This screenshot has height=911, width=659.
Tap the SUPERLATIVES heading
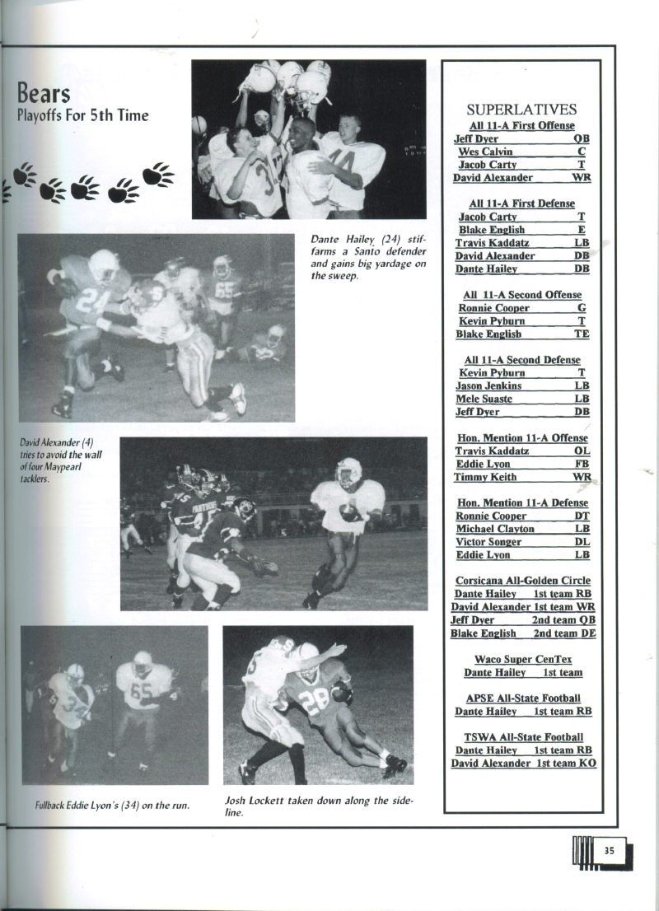point(521,110)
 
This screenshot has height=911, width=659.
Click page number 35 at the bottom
point(608,852)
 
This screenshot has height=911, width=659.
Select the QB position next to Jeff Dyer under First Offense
point(582,139)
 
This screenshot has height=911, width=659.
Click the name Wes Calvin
point(486,152)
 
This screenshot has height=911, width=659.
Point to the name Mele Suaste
point(484,399)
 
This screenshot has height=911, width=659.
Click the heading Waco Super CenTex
point(522,659)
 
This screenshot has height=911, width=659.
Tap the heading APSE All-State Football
point(523,698)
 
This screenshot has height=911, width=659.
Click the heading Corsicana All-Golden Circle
point(522,581)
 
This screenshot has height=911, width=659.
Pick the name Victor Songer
point(488,542)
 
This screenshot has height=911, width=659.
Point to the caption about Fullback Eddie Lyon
point(113,805)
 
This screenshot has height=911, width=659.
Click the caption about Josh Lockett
point(318,806)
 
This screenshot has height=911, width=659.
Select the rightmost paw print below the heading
point(158,175)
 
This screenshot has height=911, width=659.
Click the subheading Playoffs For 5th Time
point(82,115)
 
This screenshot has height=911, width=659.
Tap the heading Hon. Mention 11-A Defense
point(522,502)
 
